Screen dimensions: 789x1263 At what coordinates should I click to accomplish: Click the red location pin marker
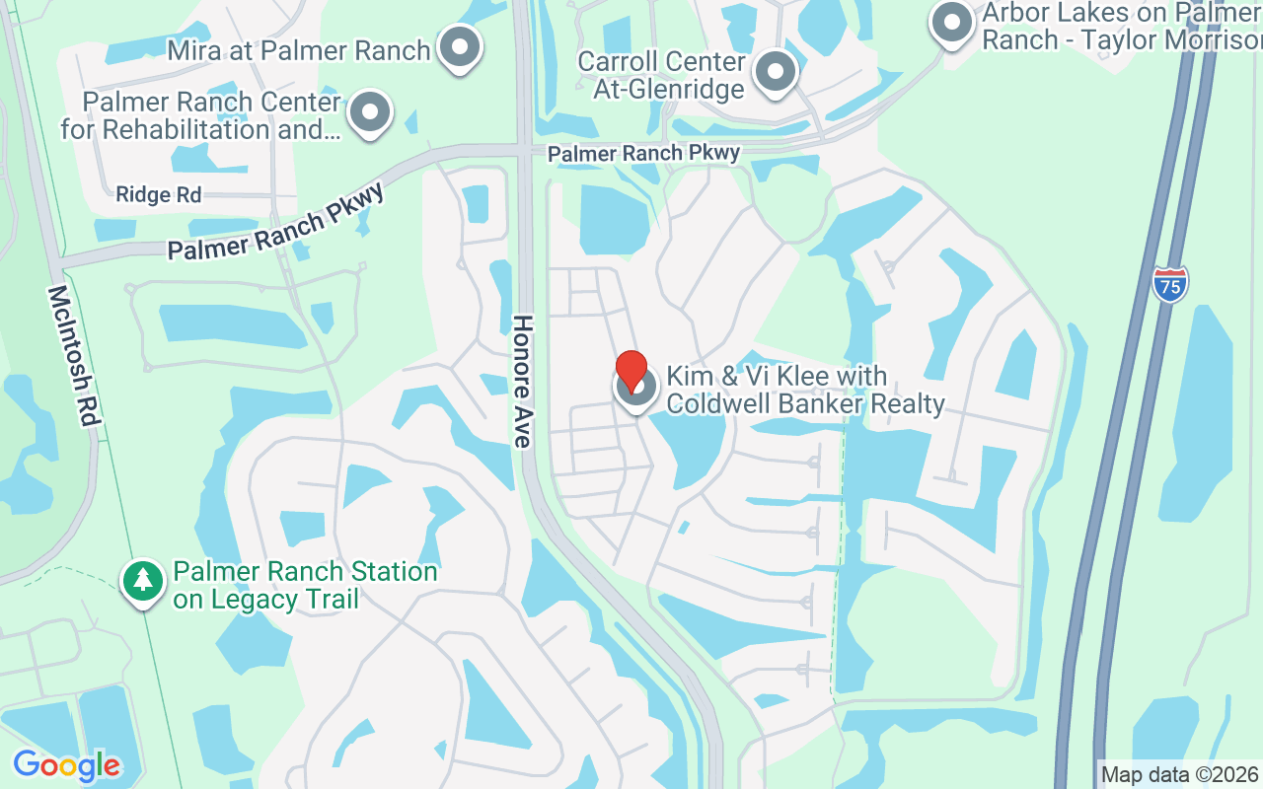(631, 372)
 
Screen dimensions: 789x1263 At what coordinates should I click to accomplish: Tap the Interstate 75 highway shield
(1169, 284)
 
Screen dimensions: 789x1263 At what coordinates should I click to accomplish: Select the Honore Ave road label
(522, 381)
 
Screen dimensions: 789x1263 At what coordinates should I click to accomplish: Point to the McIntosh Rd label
(74, 355)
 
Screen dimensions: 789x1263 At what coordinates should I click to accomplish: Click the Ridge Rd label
(158, 195)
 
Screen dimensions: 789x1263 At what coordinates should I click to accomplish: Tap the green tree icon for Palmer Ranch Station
(143, 581)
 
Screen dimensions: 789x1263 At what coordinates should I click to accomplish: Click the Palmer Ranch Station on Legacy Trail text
(305, 585)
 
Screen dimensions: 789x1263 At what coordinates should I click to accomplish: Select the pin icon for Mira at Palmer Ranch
(459, 47)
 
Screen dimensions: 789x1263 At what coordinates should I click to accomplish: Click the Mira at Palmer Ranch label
(299, 50)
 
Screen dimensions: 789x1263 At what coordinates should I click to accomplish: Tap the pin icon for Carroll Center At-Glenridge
(776, 72)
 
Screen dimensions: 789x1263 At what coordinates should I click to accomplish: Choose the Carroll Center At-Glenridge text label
(661, 75)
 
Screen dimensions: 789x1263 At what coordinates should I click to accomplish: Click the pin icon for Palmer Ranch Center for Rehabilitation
(370, 112)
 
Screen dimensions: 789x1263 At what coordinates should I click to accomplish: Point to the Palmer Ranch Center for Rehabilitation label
(201, 115)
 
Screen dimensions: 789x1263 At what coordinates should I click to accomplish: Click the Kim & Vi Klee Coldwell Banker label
(805, 390)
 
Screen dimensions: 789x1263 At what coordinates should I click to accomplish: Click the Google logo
(66, 765)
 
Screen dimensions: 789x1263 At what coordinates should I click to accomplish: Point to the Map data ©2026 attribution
(1180, 774)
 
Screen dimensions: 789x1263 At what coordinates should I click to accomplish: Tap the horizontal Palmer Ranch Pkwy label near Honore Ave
(643, 154)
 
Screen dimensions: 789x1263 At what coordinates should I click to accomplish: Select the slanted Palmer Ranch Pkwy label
(275, 222)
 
